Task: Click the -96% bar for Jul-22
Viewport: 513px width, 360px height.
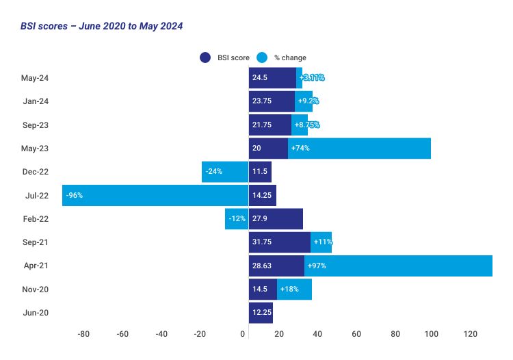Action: pos(155,195)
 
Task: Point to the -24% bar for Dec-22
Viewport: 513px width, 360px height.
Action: pos(225,172)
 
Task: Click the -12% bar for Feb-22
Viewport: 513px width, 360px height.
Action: pos(237,219)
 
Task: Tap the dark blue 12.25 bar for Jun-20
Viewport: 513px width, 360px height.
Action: pos(261,313)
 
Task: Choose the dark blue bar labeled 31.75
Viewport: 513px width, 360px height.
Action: pos(279,242)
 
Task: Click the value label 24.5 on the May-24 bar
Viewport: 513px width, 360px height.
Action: pos(259,78)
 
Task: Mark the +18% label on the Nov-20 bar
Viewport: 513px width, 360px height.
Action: pos(288,290)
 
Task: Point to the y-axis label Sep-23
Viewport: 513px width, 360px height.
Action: pos(55,125)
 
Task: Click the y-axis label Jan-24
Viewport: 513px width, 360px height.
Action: pos(55,101)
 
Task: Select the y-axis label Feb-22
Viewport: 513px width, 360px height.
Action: pos(55,219)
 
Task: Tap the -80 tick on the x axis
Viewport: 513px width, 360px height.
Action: pos(83,334)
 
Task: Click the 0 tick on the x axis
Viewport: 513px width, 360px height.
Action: pos(244,334)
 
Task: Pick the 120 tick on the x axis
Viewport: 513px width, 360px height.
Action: pos(470,334)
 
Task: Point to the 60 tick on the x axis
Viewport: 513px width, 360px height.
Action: pos(356,334)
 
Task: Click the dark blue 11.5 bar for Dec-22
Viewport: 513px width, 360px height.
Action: pos(260,172)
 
